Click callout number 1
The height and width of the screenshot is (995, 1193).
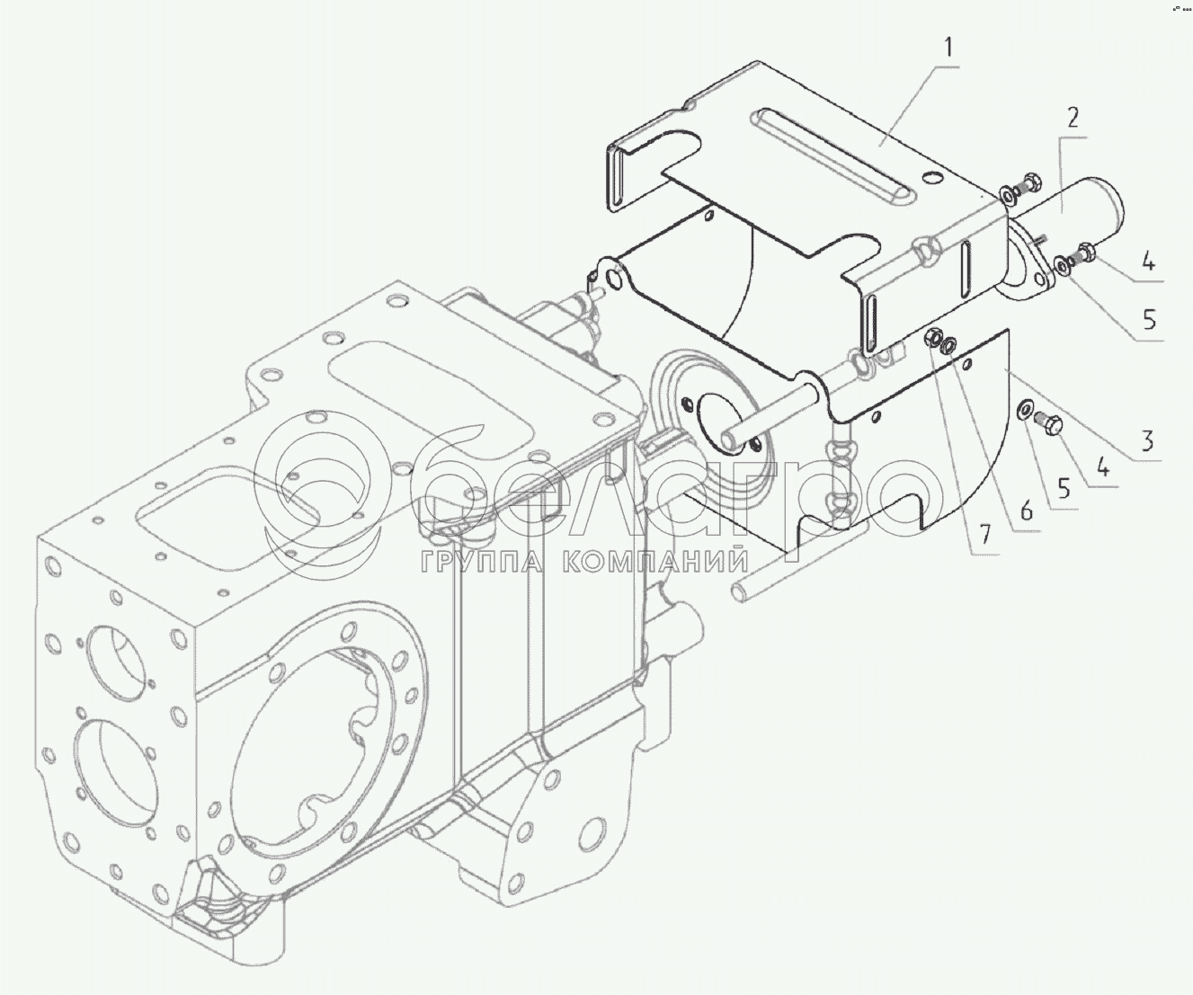(948, 47)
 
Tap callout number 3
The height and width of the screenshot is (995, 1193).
(1146, 441)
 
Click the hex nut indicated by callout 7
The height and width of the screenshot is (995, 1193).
(932, 339)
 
